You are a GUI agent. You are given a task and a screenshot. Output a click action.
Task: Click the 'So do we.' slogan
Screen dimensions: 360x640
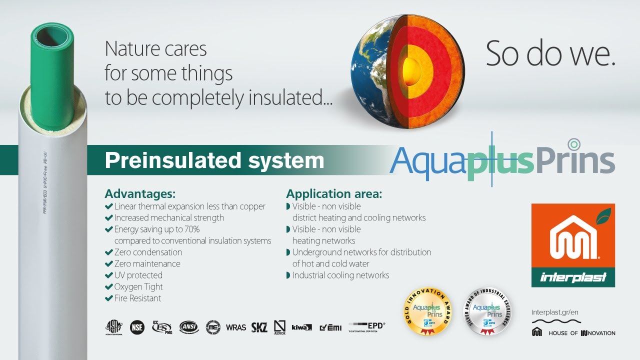(x=550, y=54)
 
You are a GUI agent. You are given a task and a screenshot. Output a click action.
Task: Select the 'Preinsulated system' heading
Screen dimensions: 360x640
(x=214, y=160)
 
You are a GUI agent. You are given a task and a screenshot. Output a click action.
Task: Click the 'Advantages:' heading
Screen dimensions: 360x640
(x=140, y=194)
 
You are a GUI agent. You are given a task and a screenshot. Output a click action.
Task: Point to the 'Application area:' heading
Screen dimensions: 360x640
(x=334, y=194)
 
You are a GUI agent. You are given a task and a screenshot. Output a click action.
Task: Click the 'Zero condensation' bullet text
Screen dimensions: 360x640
(x=148, y=252)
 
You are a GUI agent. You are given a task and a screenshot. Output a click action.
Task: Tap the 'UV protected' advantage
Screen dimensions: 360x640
(x=138, y=275)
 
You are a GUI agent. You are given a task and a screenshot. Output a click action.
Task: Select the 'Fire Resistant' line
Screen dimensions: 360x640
(x=137, y=298)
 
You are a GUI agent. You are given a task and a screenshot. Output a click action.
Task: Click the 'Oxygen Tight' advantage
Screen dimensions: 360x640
(x=138, y=286)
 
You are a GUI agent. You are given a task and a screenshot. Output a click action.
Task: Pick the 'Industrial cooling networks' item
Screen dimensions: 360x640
(x=340, y=275)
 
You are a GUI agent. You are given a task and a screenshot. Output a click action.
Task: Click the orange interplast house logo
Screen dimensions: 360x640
(x=573, y=245)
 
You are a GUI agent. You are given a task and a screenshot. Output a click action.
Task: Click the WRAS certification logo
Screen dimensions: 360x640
(x=236, y=327)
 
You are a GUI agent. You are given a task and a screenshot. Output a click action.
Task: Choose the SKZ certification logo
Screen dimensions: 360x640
(x=259, y=327)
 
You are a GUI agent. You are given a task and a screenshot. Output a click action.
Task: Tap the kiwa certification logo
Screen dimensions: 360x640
(x=301, y=327)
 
